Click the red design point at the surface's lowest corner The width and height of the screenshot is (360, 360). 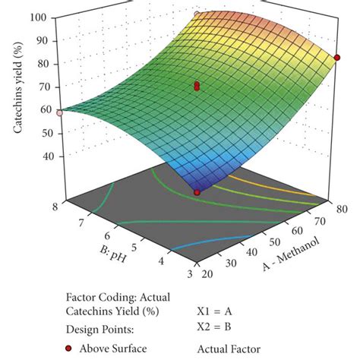pyautogui.click(x=197, y=192)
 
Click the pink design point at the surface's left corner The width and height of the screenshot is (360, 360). pyautogui.click(x=59, y=111)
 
